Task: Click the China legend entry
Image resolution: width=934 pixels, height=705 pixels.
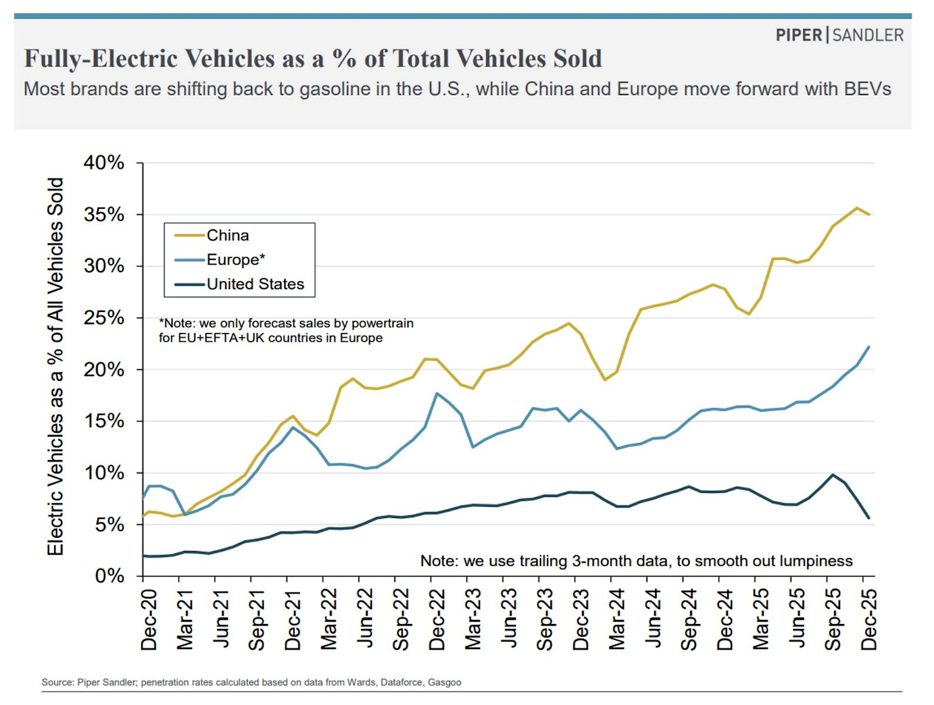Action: (x=228, y=236)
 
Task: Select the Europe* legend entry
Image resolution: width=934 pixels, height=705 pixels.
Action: (x=235, y=259)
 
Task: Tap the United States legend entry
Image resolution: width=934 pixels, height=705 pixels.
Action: (x=255, y=284)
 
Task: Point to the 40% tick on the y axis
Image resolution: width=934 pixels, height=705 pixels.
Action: (x=104, y=163)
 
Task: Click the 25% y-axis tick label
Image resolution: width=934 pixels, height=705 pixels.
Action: (x=104, y=318)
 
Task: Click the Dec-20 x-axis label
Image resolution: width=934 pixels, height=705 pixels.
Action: (x=149, y=619)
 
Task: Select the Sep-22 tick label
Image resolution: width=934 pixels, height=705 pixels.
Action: (x=401, y=619)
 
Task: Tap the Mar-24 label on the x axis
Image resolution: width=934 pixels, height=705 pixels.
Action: (x=617, y=619)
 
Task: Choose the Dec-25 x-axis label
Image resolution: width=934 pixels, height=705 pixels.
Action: (x=869, y=619)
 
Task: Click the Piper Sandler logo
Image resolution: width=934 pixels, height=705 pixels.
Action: (x=839, y=35)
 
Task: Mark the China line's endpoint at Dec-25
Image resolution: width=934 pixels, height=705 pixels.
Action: (x=869, y=215)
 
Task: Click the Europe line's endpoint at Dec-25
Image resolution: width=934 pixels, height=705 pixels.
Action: (x=869, y=347)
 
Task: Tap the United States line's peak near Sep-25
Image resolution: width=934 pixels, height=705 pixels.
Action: (x=832, y=475)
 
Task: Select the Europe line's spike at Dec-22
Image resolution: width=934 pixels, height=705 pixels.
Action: (x=437, y=394)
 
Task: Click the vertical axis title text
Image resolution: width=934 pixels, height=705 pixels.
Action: (x=55, y=366)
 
